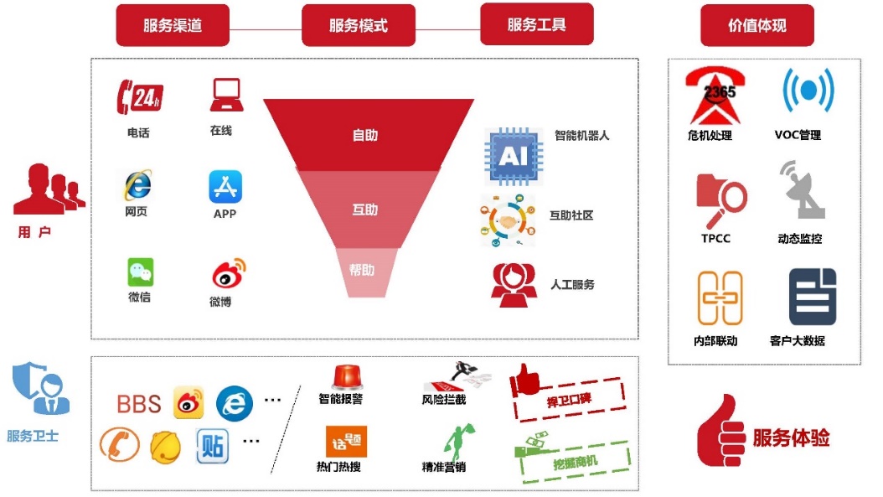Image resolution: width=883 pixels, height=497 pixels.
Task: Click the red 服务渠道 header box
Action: pos(172,25)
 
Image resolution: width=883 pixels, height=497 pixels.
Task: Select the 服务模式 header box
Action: pos(358,25)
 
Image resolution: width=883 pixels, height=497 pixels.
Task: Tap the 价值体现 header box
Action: pos(756,25)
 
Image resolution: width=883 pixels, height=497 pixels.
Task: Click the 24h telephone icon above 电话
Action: pos(138,97)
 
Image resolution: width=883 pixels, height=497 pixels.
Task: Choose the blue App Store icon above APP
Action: pos(225,186)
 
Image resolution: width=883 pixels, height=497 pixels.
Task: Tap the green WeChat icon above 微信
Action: pos(140,272)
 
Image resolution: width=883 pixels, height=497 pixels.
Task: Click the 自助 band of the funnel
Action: pos(365,135)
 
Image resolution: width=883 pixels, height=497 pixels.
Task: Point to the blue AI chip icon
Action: pos(513,157)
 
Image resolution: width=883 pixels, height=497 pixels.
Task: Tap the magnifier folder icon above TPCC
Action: pos(720,199)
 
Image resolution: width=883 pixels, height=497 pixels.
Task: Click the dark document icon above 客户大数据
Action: pos(812,297)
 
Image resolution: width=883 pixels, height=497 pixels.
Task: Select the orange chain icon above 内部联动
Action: pos(720,298)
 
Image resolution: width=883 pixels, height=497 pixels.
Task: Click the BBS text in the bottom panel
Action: pos(138,404)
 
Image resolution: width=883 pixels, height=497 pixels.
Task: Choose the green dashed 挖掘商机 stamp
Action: pos(572,458)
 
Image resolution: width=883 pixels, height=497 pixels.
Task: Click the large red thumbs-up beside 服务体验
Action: pos(720,432)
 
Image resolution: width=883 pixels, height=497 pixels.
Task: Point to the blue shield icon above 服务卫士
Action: pos(36,388)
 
